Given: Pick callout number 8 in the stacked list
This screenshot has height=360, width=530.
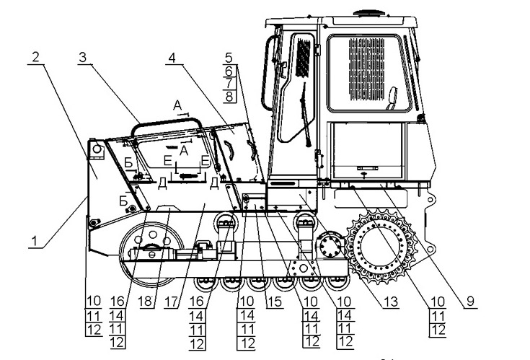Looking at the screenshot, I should pos(229,96).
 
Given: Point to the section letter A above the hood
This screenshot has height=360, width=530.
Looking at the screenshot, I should pos(177,105).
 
